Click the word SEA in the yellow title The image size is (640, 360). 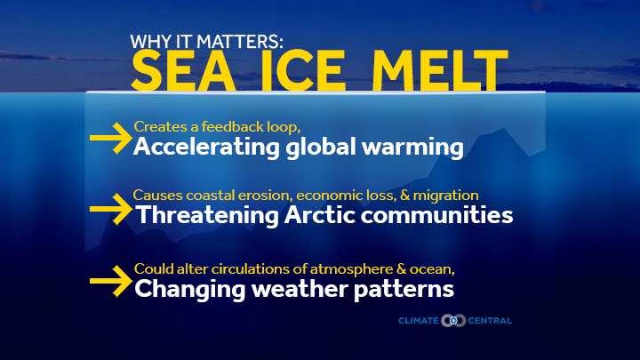(x=183, y=70)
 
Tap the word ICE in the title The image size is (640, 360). (x=303, y=70)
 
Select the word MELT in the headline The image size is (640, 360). (x=440, y=70)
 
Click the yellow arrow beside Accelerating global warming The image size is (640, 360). (x=111, y=138)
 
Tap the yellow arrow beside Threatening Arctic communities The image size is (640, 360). (x=111, y=209)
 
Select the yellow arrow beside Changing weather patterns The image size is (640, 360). (x=111, y=281)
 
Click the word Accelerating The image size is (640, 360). (x=206, y=147)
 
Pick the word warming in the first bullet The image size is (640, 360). (x=412, y=148)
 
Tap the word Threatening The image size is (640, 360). (x=207, y=215)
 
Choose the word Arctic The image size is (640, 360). (x=320, y=215)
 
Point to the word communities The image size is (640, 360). (x=436, y=215)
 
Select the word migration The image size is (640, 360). (x=445, y=196)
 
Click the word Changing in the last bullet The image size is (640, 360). (x=190, y=290)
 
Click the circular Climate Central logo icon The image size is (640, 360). (x=453, y=321)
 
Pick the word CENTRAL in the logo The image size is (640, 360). (x=490, y=321)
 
